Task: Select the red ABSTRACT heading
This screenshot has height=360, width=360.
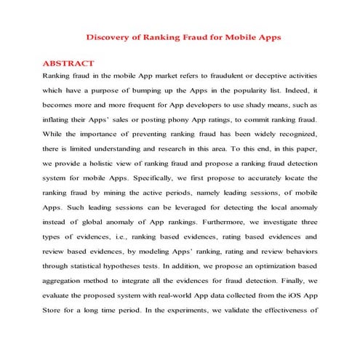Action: point(68,63)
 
